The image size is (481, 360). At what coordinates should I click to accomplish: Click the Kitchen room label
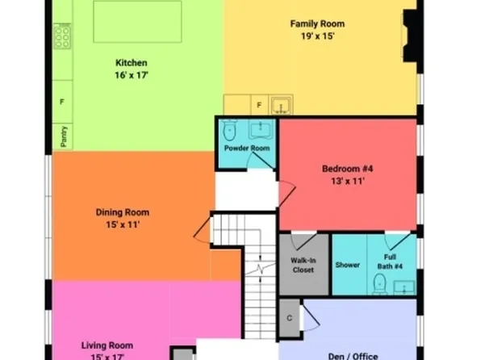pos(132,62)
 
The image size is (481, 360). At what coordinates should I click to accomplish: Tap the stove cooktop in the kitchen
pos(62,36)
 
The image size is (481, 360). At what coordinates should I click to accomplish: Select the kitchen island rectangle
pos(137,21)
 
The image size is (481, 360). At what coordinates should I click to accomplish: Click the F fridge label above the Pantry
pos(63,103)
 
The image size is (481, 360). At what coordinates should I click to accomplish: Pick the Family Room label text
pos(317,24)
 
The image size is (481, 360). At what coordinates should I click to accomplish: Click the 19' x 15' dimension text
pos(317,36)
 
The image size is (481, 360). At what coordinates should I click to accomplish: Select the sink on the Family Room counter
pos(282,105)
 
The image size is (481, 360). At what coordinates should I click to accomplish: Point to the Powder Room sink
pos(261,129)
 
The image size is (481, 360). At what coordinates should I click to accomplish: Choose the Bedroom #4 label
pos(347,169)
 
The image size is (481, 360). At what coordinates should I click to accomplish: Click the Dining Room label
pos(123,213)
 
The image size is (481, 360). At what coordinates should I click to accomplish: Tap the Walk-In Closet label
pos(303,265)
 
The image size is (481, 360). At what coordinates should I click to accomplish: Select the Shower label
pos(348,265)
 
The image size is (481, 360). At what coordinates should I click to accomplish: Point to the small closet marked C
pos(289,317)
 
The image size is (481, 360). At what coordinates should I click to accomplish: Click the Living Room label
pos(107,346)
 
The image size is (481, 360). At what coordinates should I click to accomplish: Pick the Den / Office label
pos(353,354)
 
